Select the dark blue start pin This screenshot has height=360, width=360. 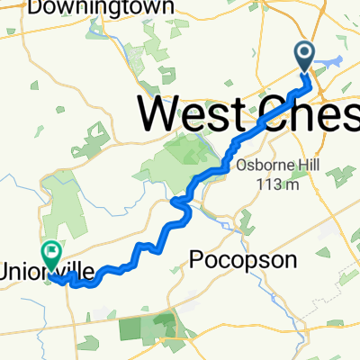pos(305,57)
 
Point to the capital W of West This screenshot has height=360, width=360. pos(162,115)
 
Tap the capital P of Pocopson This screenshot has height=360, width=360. pos(197,259)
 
